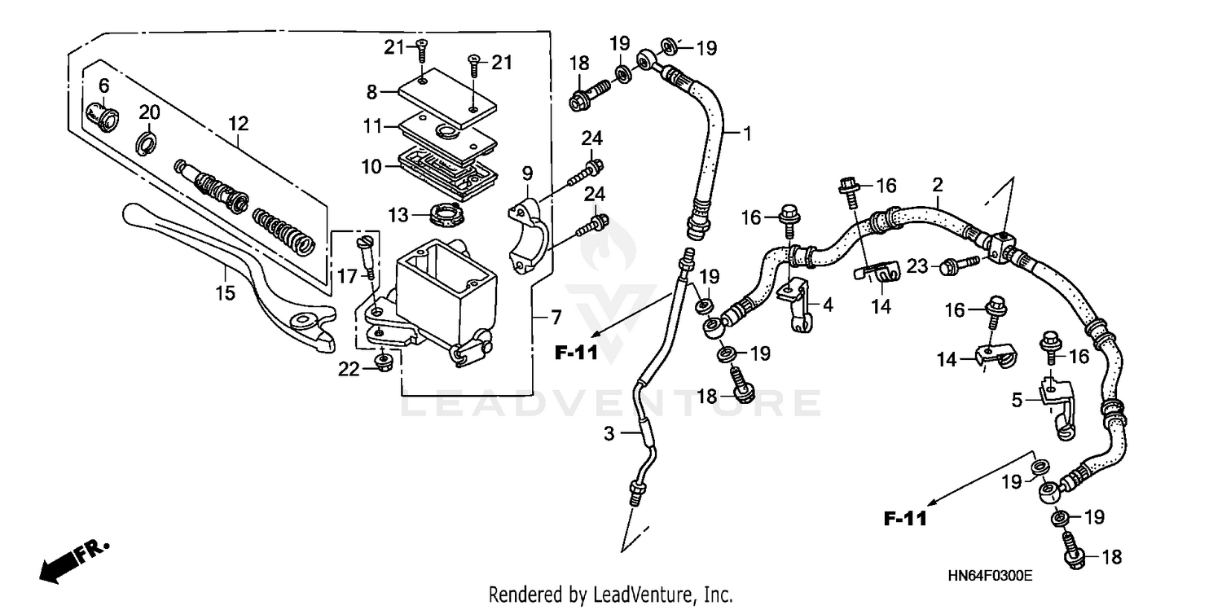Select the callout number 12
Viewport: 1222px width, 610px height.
(238, 125)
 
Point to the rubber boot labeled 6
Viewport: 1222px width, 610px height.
(101, 115)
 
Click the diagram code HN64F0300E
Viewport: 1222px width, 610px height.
(990, 575)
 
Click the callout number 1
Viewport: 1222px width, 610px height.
(746, 133)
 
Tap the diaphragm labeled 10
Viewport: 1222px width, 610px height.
(446, 169)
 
